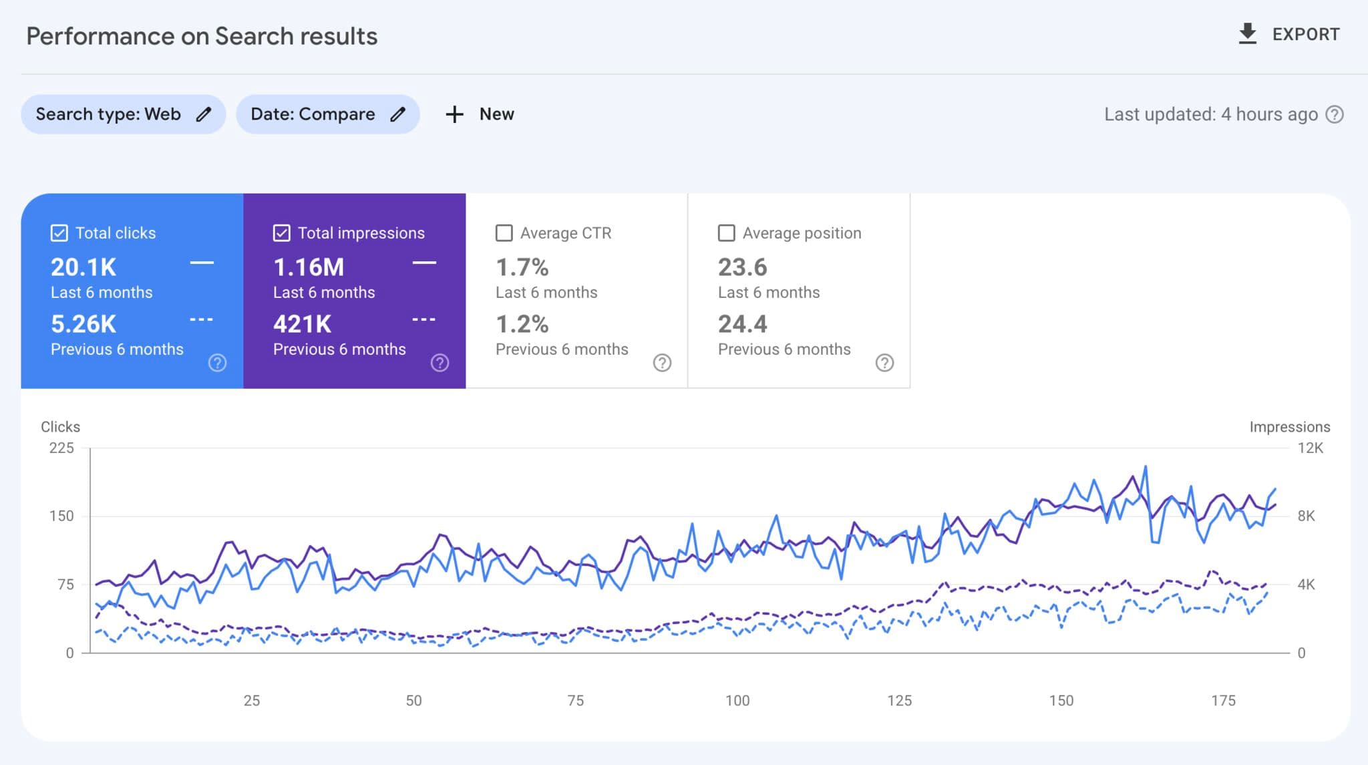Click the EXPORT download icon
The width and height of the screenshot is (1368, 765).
(1247, 34)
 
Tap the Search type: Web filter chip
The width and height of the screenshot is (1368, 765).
(123, 114)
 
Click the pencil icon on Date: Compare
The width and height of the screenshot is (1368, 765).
(398, 114)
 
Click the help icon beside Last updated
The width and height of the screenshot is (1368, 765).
(1335, 114)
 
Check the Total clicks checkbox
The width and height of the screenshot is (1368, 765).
(59, 233)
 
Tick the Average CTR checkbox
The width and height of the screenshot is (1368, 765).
(504, 233)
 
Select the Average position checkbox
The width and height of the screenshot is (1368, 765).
(726, 233)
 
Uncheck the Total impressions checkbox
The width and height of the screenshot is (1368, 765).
(281, 233)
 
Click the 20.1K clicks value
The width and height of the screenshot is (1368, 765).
(83, 267)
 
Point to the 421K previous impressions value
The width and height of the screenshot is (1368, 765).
(302, 324)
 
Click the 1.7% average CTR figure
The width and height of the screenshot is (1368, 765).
(522, 267)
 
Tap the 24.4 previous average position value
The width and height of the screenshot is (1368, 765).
(742, 324)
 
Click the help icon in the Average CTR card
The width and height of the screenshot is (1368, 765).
(662, 363)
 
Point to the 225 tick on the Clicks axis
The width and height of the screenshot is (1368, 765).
(61, 448)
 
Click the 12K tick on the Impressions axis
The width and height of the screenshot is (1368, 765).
(1310, 448)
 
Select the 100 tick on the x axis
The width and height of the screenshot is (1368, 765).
(737, 700)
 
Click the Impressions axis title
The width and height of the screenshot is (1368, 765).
(1289, 427)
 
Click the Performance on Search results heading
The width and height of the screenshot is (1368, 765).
(202, 36)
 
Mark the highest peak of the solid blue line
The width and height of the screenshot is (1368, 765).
(1146, 467)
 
